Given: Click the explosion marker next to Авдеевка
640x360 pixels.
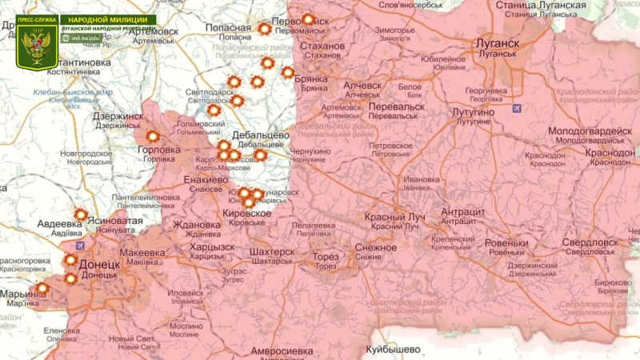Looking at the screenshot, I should pos(81,214).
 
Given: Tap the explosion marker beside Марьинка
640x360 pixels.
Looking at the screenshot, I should pos(42,288).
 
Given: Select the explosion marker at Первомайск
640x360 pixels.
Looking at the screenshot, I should pos(308,19).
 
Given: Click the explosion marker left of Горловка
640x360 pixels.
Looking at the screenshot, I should pos(152,137).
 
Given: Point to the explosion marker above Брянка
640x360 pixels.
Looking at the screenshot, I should pos(288,73).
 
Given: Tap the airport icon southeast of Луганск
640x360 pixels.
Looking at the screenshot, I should pos(517,107).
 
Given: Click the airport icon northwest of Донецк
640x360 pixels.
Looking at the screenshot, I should pos(78,244).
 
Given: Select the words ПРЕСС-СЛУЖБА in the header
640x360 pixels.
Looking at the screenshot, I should pos(37,19).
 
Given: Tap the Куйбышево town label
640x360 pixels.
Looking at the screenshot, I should pos(392,350).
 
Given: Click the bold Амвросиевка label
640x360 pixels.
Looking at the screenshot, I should pos(281,351).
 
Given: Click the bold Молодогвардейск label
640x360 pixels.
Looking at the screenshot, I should pos(590,131).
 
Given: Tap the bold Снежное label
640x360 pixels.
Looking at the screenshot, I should pos(374,247).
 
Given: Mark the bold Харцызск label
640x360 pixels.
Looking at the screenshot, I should pos(212,246).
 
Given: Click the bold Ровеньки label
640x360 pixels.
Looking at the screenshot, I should pos(506,243).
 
